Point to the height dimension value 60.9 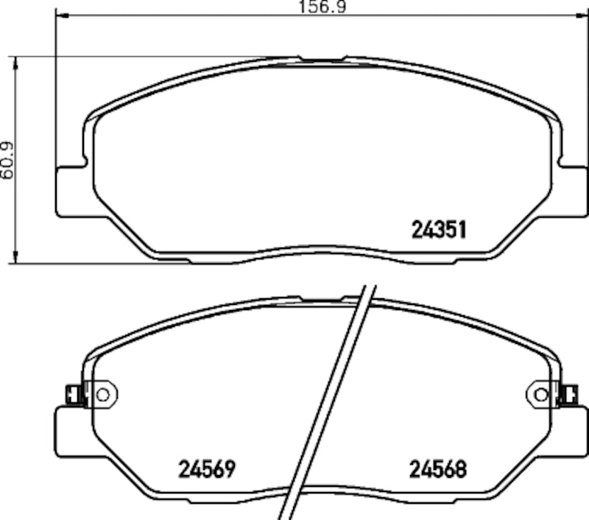click(x=7, y=160)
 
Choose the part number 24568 click(x=438, y=468)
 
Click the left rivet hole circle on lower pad click(x=102, y=395)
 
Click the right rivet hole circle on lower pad click(x=542, y=395)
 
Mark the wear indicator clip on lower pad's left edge click(x=73, y=396)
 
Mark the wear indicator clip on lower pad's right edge click(x=570, y=396)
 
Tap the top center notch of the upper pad click(x=322, y=60)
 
